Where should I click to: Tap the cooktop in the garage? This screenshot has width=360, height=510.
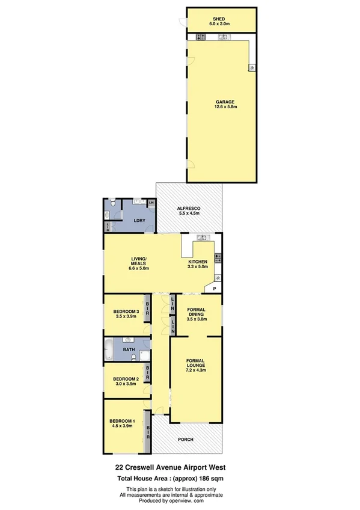[x=199, y=37]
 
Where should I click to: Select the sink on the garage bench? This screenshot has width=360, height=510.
[x=222, y=37]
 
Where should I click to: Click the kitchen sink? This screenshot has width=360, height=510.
[x=202, y=238]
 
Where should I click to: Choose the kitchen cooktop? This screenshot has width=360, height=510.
[x=218, y=259]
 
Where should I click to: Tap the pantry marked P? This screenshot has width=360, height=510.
[x=213, y=289]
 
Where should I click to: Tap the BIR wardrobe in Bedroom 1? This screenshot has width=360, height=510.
[x=147, y=431]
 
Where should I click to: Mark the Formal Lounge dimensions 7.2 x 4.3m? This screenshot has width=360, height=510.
[x=195, y=370]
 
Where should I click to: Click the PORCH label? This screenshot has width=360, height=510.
[x=186, y=440]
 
